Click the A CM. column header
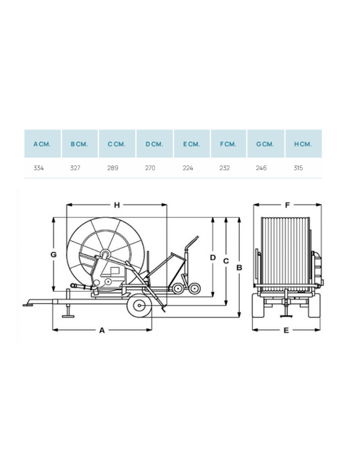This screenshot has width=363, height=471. point(42,144)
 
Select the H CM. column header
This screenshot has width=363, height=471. point(303,144)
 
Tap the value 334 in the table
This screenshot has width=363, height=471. point(39,168)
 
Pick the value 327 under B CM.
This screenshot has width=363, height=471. point(75,168)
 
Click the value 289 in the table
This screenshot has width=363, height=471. point(113,168)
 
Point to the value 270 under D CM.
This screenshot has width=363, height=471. point(150,168)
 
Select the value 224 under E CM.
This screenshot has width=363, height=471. point(188,168)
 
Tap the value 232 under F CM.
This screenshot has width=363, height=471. point(225,168)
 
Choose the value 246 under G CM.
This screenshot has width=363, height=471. point(261,168)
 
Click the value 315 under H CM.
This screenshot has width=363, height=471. point(298,168)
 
